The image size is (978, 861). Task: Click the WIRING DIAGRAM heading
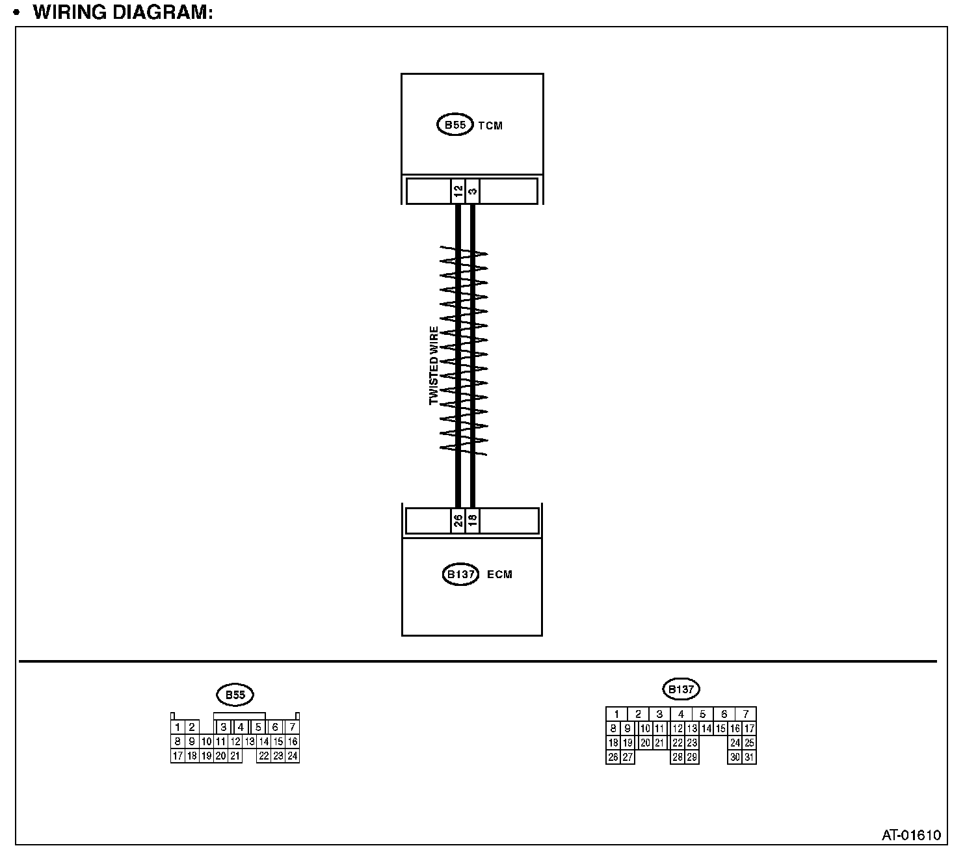pyautogui.click(x=123, y=12)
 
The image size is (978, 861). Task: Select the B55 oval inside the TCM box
pyautogui.click(x=455, y=125)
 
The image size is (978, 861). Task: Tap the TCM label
pyautogui.click(x=490, y=126)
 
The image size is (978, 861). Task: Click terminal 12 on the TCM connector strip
pyautogui.click(x=458, y=191)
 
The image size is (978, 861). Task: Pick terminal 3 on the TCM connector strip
pyautogui.click(x=473, y=191)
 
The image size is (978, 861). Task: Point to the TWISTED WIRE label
pyautogui.click(x=434, y=365)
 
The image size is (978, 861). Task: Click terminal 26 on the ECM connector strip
pyautogui.click(x=458, y=520)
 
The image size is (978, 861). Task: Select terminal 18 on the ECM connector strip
pyautogui.click(x=473, y=520)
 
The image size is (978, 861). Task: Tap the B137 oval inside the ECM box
pyautogui.click(x=460, y=574)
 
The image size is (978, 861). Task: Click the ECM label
pyautogui.click(x=499, y=574)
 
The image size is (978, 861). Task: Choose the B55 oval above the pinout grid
pyautogui.click(x=235, y=695)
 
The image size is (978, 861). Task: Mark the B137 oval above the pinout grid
pyautogui.click(x=681, y=689)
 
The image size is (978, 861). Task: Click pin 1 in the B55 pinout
pyautogui.click(x=177, y=727)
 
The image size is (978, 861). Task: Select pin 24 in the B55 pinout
pyautogui.click(x=293, y=756)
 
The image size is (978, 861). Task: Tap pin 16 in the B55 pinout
pyautogui.click(x=293, y=741)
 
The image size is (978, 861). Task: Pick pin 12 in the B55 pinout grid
pyautogui.click(x=235, y=741)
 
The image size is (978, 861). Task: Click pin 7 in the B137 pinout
pyautogui.click(x=746, y=714)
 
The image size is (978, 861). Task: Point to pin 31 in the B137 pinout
pyautogui.click(x=749, y=757)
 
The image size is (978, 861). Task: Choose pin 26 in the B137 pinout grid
pyautogui.click(x=613, y=757)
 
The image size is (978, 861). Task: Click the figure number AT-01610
pyautogui.click(x=911, y=835)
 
